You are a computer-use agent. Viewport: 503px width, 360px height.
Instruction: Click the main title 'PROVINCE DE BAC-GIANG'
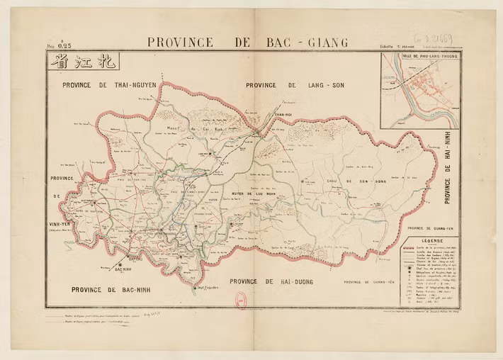(247, 42)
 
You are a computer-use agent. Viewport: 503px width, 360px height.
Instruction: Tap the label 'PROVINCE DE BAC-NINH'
(113, 289)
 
